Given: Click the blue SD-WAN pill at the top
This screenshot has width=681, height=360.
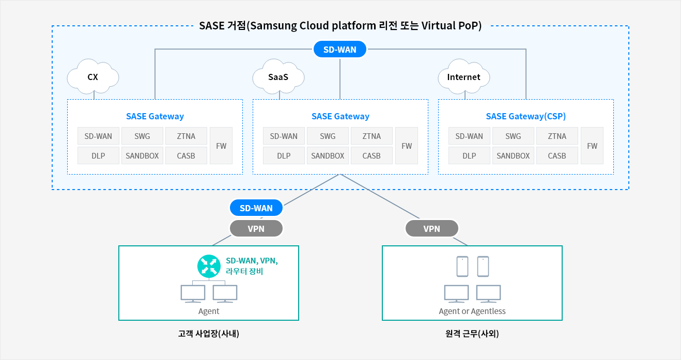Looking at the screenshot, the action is (339, 49).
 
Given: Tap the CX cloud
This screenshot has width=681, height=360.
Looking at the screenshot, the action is (92, 76).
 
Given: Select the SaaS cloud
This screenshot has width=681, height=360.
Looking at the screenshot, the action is (278, 76).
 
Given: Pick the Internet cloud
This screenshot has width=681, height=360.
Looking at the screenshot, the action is (463, 76).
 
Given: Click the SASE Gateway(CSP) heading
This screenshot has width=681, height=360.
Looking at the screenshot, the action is (525, 116).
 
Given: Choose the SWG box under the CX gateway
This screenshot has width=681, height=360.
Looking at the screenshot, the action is (142, 136).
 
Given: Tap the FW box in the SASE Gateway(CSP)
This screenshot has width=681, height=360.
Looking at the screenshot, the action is (592, 146).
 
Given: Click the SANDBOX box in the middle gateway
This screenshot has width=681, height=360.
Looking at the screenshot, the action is (328, 155).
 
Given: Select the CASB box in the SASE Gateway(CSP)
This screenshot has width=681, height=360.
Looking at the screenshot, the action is (557, 155).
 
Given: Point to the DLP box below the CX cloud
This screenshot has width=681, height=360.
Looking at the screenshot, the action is (98, 155).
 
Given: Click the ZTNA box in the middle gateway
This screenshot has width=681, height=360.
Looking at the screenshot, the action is (372, 136).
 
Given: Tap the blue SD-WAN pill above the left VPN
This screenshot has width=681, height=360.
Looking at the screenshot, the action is (256, 208).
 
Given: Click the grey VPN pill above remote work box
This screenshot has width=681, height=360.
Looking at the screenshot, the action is (432, 228).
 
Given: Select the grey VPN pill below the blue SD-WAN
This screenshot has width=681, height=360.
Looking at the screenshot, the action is (256, 228).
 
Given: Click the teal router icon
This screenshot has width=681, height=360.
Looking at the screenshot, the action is (209, 266).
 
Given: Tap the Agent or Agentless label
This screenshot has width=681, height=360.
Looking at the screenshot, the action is (472, 311).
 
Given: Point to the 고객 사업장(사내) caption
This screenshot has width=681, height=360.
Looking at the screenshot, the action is (209, 334).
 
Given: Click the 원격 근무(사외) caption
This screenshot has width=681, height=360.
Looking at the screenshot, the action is (472, 334).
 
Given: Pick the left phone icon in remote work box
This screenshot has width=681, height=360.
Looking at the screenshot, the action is (462, 267).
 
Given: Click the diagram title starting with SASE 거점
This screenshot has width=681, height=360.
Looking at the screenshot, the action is (340, 25).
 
